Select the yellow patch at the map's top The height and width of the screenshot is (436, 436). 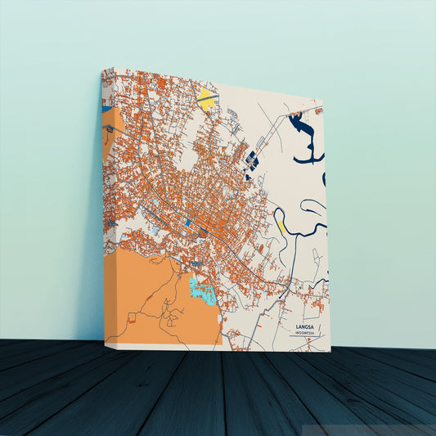(206, 101)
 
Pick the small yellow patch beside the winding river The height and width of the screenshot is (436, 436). (281, 222)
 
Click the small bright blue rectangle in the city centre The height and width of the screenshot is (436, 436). (188, 222)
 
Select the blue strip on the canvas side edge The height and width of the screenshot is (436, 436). (106, 107)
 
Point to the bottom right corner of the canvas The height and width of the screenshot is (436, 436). (330, 351)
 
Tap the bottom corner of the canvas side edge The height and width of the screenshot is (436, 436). (105, 342)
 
